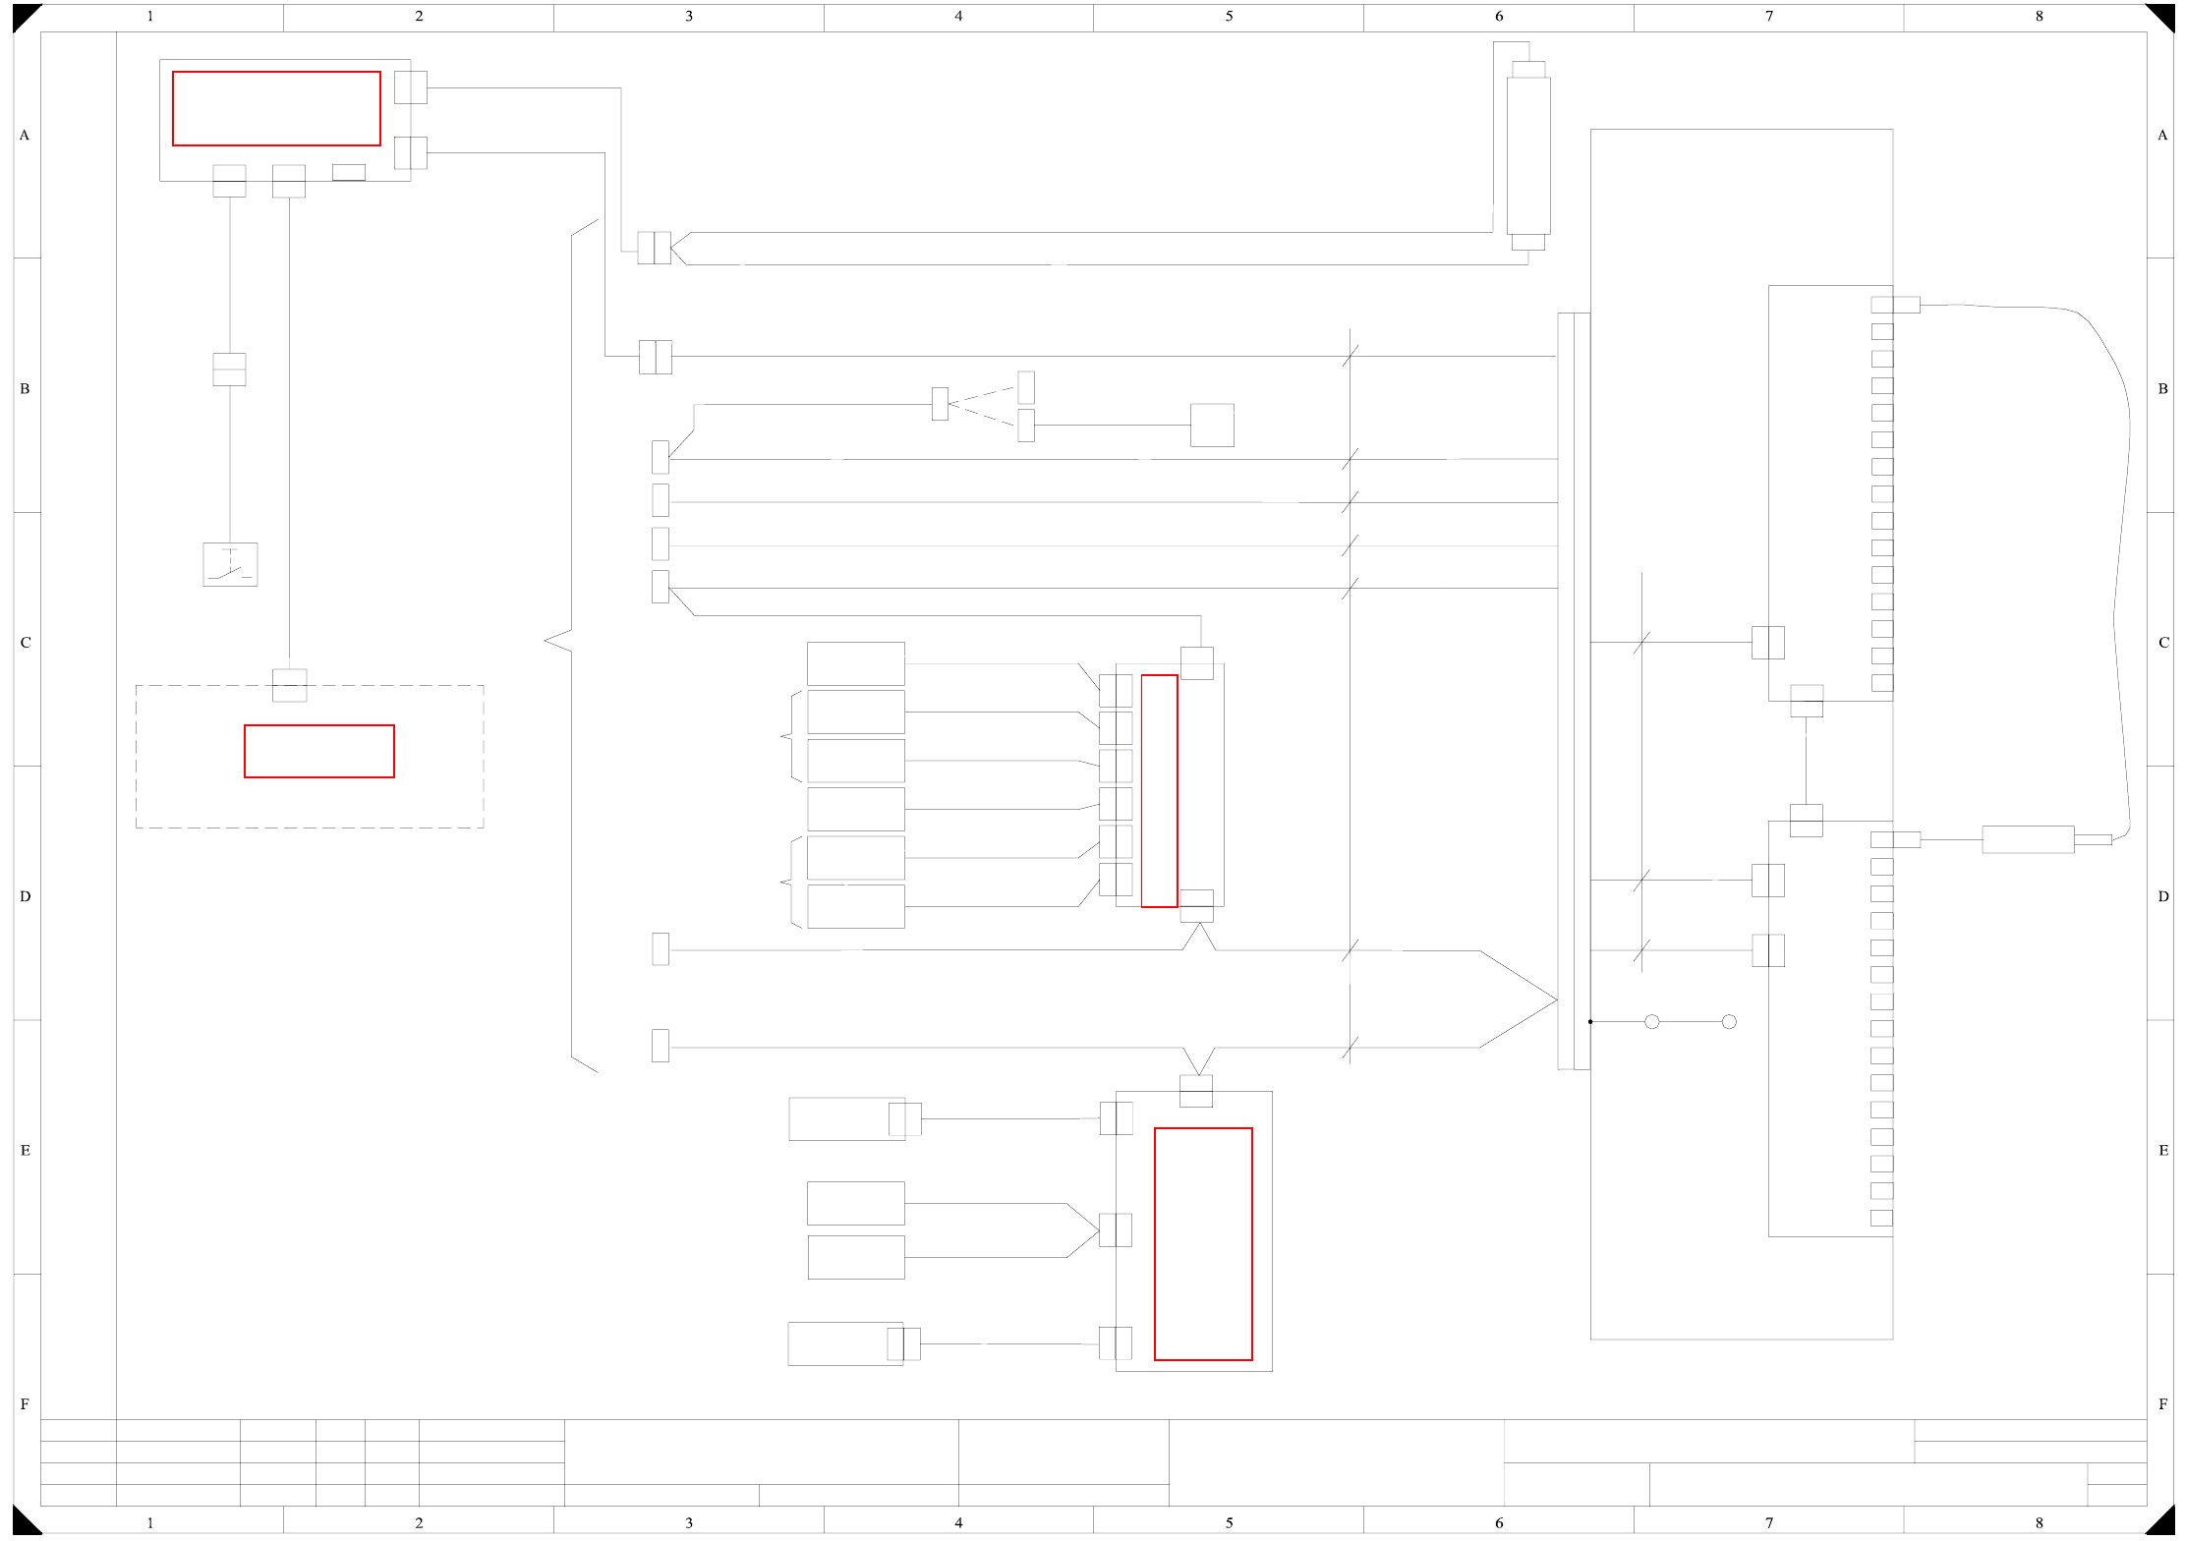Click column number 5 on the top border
[x=1229, y=16]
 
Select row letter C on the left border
[x=26, y=643]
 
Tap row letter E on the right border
[x=2163, y=1151]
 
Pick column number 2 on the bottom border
[x=419, y=1523]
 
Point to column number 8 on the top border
[x=2040, y=16]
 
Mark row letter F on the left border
[x=26, y=1404]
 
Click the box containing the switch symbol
[x=230, y=565]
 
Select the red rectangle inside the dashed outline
[x=319, y=752]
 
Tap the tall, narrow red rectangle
[x=1159, y=791]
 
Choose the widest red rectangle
[x=276, y=108]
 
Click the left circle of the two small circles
[x=1652, y=1022]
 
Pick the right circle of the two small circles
[x=1729, y=1022]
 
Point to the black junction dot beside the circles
[x=1590, y=1022]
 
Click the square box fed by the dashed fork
[x=1212, y=426]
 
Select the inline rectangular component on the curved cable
[x=2028, y=840]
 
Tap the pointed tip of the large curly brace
[x=546, y=641]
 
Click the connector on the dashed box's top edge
[x=289, y=685]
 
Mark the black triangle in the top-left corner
[x=24, y=15]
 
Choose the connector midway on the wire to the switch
[x=229, y=370]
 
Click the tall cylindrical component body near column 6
[x=1528, y=155]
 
